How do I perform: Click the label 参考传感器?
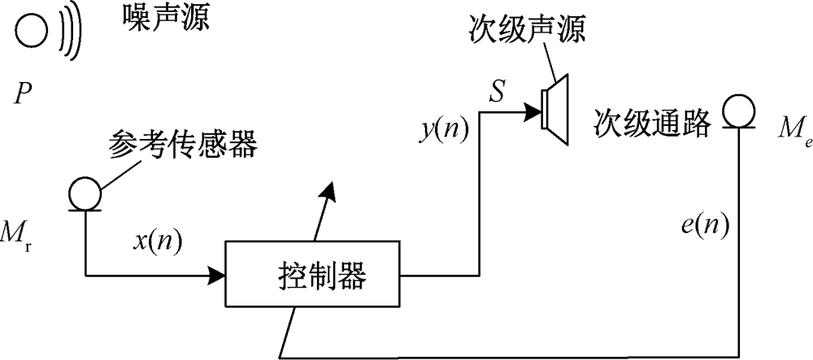click(182, 147)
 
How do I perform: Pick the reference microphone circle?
click(83, 193)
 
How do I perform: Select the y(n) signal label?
click(444, 128)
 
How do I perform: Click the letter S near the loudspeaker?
click(496, 90)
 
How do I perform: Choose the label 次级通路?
click(652, 122)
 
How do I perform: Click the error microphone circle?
click(740, 110)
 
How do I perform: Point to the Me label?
click(783, 129)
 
